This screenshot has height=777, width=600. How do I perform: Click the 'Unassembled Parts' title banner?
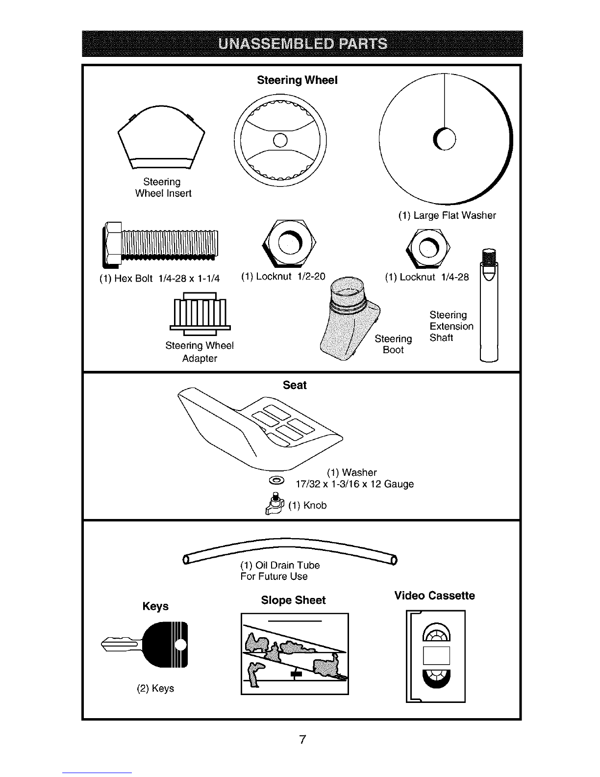click(302, 44)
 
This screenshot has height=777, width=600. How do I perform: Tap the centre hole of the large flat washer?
click(445, 139)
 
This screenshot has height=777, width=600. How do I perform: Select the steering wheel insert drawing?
click(161, 137)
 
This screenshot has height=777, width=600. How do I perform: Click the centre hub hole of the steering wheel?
click(280, 140)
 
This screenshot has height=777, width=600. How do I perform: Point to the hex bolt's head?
click(112, 245)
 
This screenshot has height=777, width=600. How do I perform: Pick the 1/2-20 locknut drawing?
click(289, 243)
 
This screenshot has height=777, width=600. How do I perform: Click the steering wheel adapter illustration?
click(200, 314)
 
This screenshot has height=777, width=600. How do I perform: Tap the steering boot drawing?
click(350, 318)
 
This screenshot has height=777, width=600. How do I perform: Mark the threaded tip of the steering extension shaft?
click(489, 256)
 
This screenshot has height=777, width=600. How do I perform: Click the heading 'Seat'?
click(295, 385)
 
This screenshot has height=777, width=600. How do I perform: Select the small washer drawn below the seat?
click(276, 481)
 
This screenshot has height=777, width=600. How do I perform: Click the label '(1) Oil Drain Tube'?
click(280, 565)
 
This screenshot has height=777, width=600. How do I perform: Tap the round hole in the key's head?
click(181, 645)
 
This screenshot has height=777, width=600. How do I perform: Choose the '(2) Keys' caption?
click(155, 688)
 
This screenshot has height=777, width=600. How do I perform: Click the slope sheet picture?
click(295, 654)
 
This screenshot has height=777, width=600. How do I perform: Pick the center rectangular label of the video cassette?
click(436, 655)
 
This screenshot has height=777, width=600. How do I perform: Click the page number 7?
click(302, 739)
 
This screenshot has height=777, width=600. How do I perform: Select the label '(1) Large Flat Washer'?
click(447, 215)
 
